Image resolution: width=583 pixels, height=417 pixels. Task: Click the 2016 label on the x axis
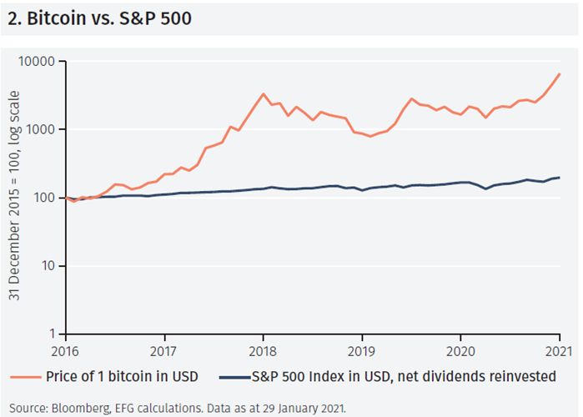66,351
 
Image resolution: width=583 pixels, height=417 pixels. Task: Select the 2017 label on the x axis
164,351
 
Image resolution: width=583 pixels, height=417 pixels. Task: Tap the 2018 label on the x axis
264,351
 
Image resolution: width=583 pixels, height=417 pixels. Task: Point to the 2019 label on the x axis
362,351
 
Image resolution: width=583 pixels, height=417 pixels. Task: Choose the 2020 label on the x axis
461,351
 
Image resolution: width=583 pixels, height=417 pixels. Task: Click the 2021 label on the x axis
559,351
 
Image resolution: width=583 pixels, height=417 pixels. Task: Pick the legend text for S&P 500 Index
403,376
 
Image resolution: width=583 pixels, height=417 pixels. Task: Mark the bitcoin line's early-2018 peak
264,93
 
